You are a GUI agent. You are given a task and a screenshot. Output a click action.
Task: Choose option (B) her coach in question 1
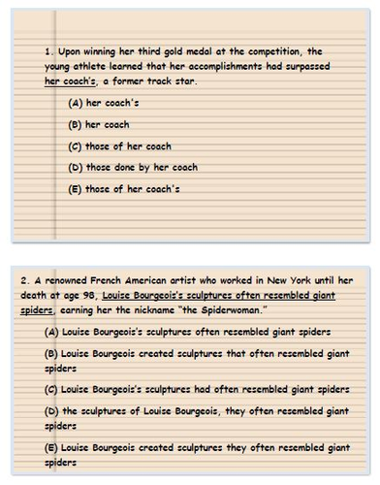pos(99,124)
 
